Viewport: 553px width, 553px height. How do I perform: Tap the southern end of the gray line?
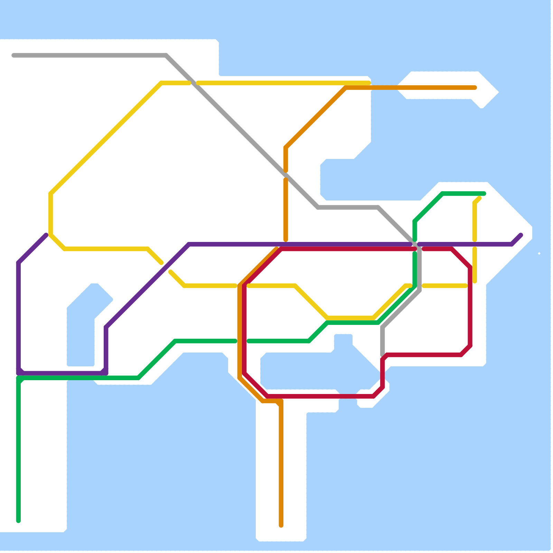(x=383, y=355)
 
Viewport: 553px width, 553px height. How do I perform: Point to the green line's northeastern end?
(x=484, y=194)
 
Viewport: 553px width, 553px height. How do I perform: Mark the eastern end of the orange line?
(x=475, y=88)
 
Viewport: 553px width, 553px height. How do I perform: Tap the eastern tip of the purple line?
(x=521, y=235)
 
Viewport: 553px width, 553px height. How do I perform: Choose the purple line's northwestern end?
(x=46, y=235)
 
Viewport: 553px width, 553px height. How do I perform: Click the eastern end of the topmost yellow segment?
(x=369, y=83)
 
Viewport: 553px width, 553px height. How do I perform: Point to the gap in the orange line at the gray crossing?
(x=286, y=175)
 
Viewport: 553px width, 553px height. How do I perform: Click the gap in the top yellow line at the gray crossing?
(x=194, y=83)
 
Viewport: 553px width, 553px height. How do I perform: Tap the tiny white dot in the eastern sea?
(x=539, y=254)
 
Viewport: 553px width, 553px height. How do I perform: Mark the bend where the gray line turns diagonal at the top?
(x=167, y=55)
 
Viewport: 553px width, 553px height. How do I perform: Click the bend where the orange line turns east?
(x=346, y=88)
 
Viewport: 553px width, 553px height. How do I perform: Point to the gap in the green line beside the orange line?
(x=242, y=341)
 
